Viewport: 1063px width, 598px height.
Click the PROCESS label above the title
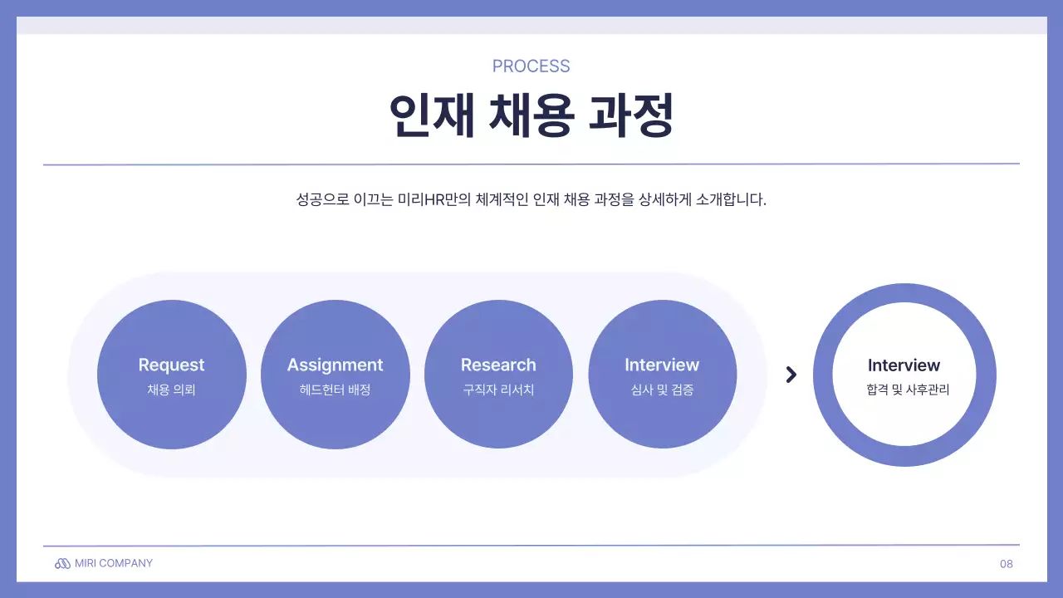click(x=531, y=66)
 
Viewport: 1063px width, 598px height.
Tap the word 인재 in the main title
click(x=432, y=116)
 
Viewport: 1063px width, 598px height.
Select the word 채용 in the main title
click(x=531, y=116)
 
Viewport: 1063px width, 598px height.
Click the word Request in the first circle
click(x=171, y=365)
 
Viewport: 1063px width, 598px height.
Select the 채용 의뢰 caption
click(x=171, y=390)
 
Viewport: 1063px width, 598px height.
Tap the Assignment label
click(x=335, y=365)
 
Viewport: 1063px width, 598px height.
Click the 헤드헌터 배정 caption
click(x=335, y=390)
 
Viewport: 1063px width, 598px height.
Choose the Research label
click(x=498, y=365)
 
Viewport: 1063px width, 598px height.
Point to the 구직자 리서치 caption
click(x=498, y=390)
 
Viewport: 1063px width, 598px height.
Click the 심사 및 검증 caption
click(x=662, y=390)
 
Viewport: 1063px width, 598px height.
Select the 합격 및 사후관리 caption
click(x=904, y=390)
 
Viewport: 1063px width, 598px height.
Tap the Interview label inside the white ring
click(x=904, y=365)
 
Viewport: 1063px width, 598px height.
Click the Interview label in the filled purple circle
click(x=662, y=365)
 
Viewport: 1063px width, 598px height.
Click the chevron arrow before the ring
click(x=791, y=375)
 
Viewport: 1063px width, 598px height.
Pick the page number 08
click(x=1007, y=564)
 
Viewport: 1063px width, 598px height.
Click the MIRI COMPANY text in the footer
click(x=114, y=563)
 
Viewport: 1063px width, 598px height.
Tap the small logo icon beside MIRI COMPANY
click(x=62, y=564)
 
